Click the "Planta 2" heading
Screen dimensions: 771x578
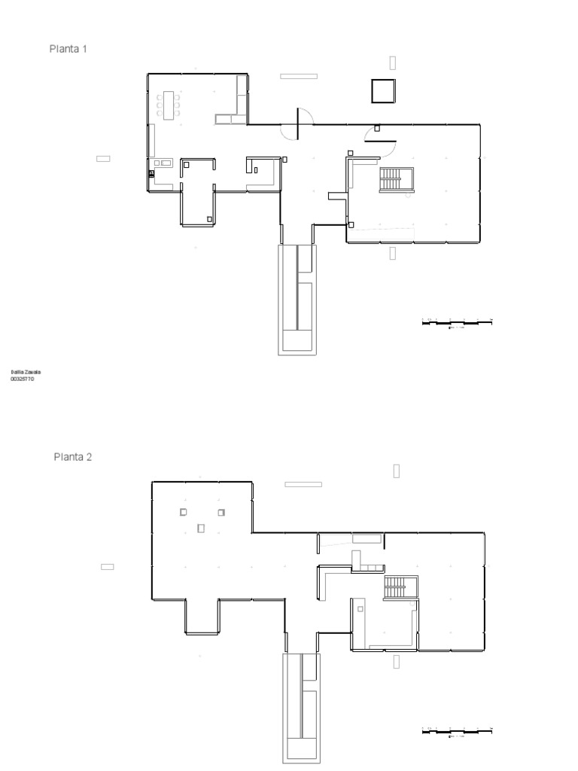[x=72, y=456]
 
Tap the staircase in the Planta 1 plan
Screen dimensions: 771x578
[x=391, y=179]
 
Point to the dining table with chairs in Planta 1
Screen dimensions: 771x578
[x=168, y=105]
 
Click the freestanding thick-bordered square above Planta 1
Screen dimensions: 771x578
[x=383, y=90]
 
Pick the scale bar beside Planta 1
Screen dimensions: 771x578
[x=457, y=322]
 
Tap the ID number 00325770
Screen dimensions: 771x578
[x=22, y=379]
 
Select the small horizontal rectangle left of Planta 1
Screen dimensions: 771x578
[x=103, y=158]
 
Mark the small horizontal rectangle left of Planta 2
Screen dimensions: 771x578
[x=107, y=566]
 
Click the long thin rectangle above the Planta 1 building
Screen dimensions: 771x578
[x=299, y=76]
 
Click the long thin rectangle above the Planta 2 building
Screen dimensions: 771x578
[x=303, y=484]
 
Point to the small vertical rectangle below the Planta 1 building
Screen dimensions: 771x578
[x=392, y=254]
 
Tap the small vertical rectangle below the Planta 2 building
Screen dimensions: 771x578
[x=396, y=662]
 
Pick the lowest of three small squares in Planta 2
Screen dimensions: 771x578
[x=201, y=528]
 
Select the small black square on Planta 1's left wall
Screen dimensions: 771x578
[x=151, y=173]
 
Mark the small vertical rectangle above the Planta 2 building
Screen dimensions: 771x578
[x=396, y=471]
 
